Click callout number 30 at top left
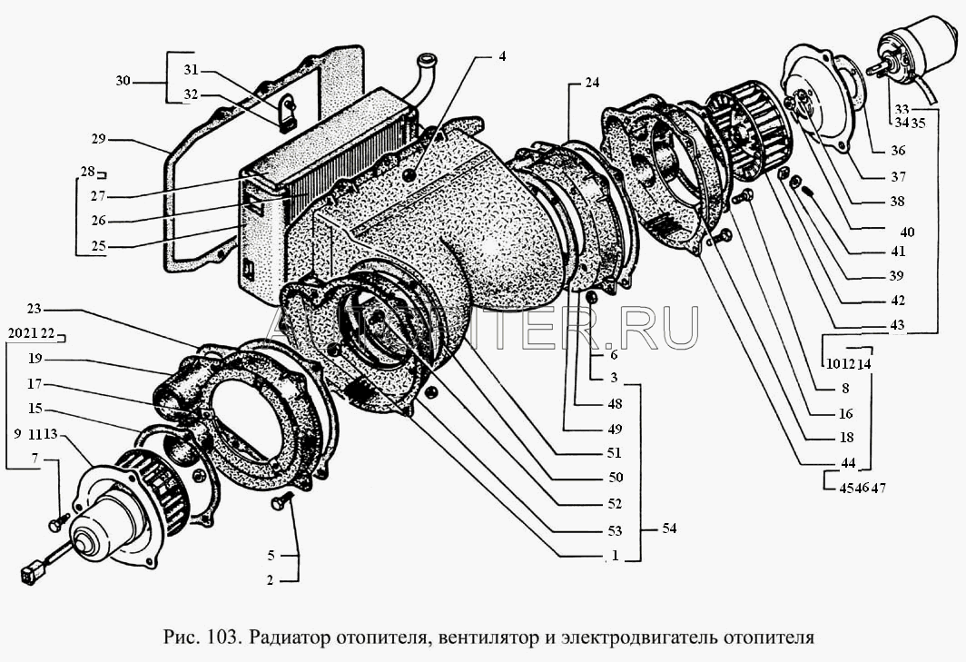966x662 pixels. (x=123, y=81)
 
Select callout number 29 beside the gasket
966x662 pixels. (x=99, y=140)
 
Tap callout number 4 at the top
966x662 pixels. (x=501, y=56)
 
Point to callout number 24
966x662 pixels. (x=592, y=83)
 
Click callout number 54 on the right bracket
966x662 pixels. (x=669, y=528)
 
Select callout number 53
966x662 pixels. (x=615, y=530)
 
